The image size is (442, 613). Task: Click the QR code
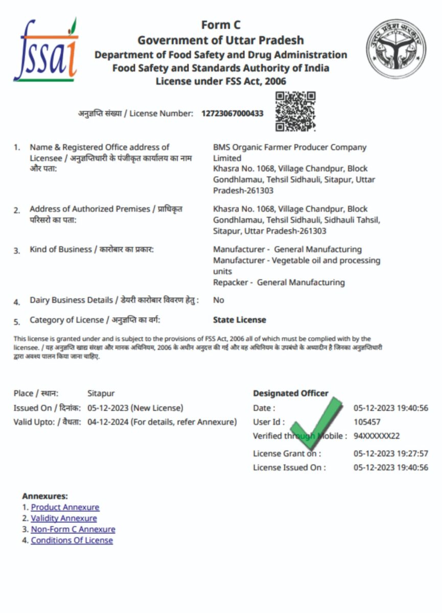295,111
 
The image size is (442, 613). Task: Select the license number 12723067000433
232,113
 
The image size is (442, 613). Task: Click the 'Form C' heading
221,25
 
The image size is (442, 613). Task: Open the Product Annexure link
65,507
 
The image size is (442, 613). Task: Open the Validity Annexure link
64,518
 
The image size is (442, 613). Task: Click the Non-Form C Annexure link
73,529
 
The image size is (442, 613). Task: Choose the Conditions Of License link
72,540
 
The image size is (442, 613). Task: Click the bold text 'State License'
239,320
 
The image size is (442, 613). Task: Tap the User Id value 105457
367,422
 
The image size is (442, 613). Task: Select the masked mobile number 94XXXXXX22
377,436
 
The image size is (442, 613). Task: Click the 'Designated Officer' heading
290,393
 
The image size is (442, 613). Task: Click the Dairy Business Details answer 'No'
219,300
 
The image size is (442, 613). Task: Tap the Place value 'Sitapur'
101,393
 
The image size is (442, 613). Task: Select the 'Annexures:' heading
45,496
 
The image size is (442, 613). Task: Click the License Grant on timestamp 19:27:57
391,453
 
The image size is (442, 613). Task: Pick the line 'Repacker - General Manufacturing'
279,282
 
